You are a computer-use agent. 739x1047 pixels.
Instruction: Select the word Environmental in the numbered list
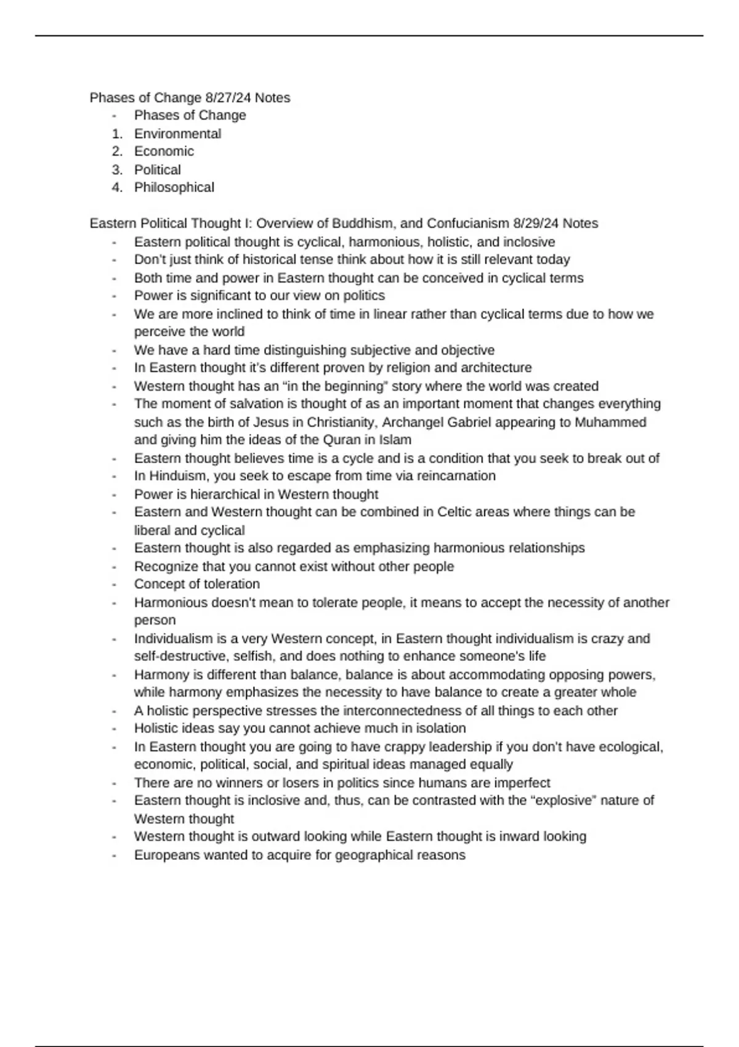click(x=177, y=134)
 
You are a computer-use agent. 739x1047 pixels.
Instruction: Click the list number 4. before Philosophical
click(x=117, y=188)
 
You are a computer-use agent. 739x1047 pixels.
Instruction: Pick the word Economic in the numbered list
click(x=164, y=152)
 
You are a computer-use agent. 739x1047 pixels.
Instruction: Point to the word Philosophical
click(x=174, y=188)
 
